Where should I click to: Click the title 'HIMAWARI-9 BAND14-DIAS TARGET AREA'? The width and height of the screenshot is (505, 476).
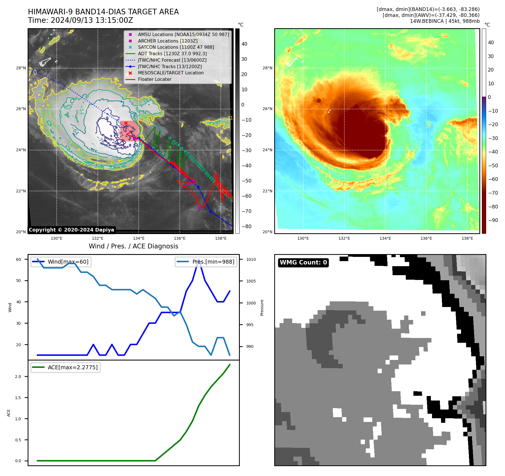103,12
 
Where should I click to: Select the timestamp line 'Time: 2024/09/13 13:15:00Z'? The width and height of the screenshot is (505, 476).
80,20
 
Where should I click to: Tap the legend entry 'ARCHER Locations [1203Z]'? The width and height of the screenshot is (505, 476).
168,41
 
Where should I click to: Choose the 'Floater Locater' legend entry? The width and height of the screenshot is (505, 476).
154,79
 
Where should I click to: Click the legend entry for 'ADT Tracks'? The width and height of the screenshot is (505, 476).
172,54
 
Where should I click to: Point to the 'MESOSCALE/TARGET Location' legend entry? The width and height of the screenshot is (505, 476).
170,73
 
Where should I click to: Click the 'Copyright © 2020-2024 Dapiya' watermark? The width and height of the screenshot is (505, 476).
71,230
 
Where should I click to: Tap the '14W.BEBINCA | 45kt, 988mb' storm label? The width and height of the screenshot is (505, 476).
444,21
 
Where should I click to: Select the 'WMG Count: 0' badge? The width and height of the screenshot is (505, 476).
303,263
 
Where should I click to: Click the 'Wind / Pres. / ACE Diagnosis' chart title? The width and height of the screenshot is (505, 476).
133,246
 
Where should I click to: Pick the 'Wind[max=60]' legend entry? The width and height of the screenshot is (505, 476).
68,262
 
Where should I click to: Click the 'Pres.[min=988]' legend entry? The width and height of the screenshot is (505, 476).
213,262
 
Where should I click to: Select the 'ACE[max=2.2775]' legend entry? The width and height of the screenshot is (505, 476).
72,367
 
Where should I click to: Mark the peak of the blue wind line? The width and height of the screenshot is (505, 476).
199,259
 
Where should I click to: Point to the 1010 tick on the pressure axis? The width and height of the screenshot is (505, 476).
251,259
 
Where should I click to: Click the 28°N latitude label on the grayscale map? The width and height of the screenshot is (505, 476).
21,68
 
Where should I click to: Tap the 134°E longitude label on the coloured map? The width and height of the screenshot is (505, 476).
385,238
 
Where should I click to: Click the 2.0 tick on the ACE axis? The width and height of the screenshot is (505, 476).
18,377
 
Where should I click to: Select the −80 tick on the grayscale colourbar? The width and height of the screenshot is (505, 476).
246,226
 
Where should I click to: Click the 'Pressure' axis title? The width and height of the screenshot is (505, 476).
262,308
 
